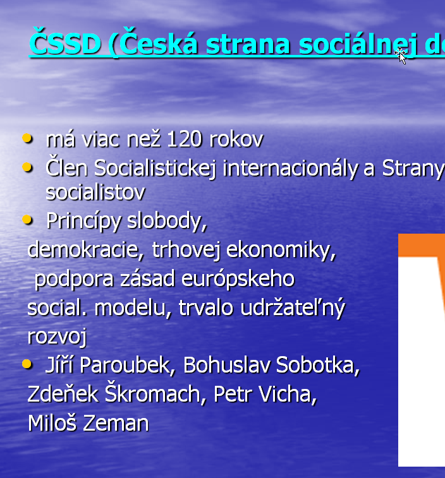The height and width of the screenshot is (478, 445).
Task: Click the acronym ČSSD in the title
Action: coord(65,42)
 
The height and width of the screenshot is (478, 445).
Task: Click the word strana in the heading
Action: coord(248,44)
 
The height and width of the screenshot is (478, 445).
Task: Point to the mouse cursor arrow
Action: coord(401,56)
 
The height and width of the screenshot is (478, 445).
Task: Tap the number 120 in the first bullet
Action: coord(185,140)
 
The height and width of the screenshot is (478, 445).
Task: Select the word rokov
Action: coord(236,139)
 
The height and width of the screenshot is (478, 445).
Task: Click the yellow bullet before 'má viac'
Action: coord(27,138)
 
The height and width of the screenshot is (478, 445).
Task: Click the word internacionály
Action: coord(290,168)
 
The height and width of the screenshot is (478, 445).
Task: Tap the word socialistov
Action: coord(95,193)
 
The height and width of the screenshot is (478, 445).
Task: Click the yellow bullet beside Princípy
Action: coord(27,220)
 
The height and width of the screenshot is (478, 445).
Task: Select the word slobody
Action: coord(167,220)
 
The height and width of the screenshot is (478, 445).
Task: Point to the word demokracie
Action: coord(85,249)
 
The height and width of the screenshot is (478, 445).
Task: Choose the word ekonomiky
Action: coord(281,249)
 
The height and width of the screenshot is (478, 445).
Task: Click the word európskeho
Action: coord(238,279)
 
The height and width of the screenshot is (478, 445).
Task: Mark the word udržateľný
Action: coord(293,308)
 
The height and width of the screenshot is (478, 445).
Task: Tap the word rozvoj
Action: coord(57,337)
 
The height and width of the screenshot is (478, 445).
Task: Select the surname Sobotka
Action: coord(317,365)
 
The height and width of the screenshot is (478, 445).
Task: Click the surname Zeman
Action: coord(116,423)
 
